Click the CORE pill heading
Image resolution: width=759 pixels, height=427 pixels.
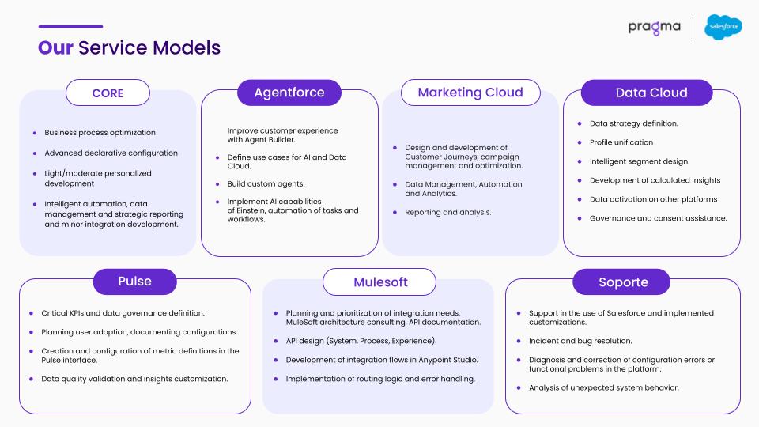point(108,93)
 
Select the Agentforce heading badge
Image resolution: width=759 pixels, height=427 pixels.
point(289,93)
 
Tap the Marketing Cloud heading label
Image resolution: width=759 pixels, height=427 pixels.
point(470,93)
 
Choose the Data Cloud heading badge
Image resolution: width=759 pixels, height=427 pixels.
point(647,93)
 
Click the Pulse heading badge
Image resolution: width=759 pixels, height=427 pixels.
point(134,282)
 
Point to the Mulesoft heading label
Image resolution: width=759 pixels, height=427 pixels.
point(379,282)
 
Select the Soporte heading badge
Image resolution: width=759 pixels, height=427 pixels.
point(621,282)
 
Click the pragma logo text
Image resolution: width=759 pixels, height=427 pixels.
point(654,28)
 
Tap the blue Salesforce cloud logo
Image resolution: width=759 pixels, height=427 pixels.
point(723,27)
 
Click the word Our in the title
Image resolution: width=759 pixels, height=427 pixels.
point(55,48)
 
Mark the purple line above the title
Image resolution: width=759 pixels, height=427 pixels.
point(70,27)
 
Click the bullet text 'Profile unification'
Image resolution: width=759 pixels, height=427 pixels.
point(621,142)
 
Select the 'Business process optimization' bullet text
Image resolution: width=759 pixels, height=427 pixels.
point(100,133)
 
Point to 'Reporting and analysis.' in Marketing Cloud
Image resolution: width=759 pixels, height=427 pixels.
point(447,212)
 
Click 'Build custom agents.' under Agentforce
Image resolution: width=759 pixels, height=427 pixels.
point(266,184)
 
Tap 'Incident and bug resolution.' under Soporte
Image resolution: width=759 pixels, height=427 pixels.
point(580,341)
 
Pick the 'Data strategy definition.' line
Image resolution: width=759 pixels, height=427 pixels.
point(633,123)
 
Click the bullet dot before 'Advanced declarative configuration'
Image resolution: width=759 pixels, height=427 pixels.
point(34,153)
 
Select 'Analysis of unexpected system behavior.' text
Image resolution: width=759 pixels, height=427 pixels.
point(603,387)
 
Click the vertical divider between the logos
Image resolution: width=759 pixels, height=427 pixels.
point(693,28)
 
